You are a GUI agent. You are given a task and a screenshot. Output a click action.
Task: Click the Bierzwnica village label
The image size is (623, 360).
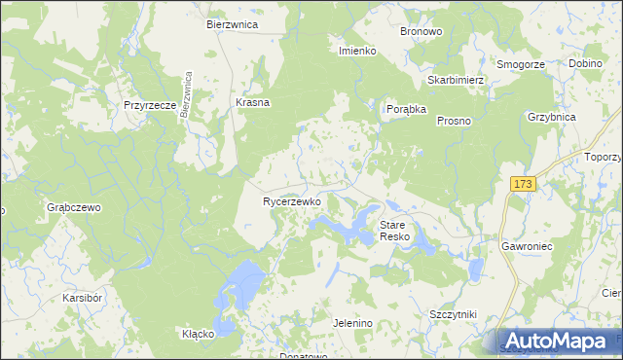coord(232,24)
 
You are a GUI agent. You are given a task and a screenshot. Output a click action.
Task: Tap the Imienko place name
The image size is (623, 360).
coord(357,51)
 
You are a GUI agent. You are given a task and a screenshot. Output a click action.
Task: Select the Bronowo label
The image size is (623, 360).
coord(421,31)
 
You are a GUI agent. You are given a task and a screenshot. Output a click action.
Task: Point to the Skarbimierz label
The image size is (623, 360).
coord(456,80)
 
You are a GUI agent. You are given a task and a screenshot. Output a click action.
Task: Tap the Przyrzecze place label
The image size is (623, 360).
coord(150,105)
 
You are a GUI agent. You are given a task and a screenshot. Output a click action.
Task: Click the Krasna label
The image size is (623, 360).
coord(253,102)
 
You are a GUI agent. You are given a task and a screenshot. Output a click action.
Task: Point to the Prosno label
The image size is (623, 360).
coord(454,121)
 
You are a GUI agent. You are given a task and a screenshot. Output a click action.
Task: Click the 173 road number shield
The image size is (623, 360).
coord(523,184)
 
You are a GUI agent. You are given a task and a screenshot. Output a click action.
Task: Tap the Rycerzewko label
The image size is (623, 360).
coord(292,201)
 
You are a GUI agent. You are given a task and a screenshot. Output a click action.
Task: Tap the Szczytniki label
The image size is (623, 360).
coord(453,315)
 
